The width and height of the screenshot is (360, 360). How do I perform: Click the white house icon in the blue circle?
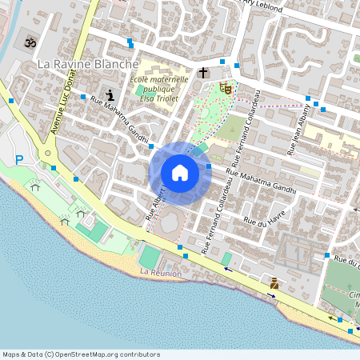(x=180, y=173)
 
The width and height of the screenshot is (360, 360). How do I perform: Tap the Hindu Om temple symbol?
(x=31, y=42)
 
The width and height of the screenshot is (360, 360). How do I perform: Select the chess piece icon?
(x=109, y=95)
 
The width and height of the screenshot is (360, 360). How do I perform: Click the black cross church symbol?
(x=203, y=74)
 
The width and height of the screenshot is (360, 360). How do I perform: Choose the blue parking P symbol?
(x=19, y=160)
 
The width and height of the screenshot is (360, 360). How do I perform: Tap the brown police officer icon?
(x=274, y=282)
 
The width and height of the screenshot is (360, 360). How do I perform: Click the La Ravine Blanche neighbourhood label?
(x=89, y=64)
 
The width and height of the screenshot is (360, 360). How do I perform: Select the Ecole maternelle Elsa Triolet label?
(x=158, y=88)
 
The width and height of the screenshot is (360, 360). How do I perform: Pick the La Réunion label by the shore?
(x=160, y=273)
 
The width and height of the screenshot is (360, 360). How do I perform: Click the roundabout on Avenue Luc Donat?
(x=49, y=152)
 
